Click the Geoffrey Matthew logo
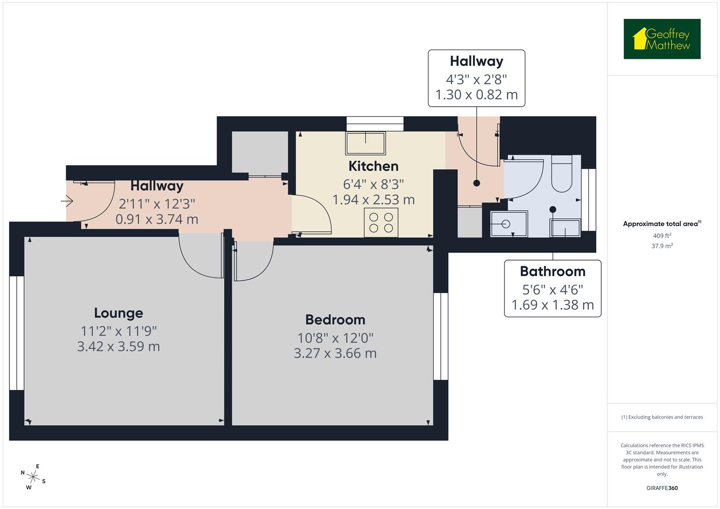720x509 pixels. [x=662, y=39]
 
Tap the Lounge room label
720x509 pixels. [x=118, y=313]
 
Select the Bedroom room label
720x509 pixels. [x=335, y=320]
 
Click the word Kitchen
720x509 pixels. [x=373, y=166]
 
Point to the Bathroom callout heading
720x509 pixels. [x=553, y=271]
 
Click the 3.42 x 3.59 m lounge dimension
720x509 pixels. [x=118, y=346]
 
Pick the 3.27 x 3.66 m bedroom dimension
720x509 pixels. [x=335, y=353]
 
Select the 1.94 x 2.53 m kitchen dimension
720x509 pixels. [x=373, y=199]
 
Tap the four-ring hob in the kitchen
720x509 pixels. [x=381, y=222]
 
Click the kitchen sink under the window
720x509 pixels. [x=365, y=143]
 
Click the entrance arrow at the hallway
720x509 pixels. [x=67, y=202]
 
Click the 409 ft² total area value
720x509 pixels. [x=662, y=236]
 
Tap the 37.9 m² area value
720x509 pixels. [x=662, y=246]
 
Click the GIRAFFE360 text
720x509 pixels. [x=662, y=488]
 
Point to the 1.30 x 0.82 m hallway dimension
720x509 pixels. [x=476, y=95]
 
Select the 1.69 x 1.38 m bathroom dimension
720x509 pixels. [x=553, y=305]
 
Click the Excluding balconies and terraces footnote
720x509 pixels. [x=662, y=417]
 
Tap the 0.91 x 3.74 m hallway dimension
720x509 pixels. [x=157, y=219]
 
